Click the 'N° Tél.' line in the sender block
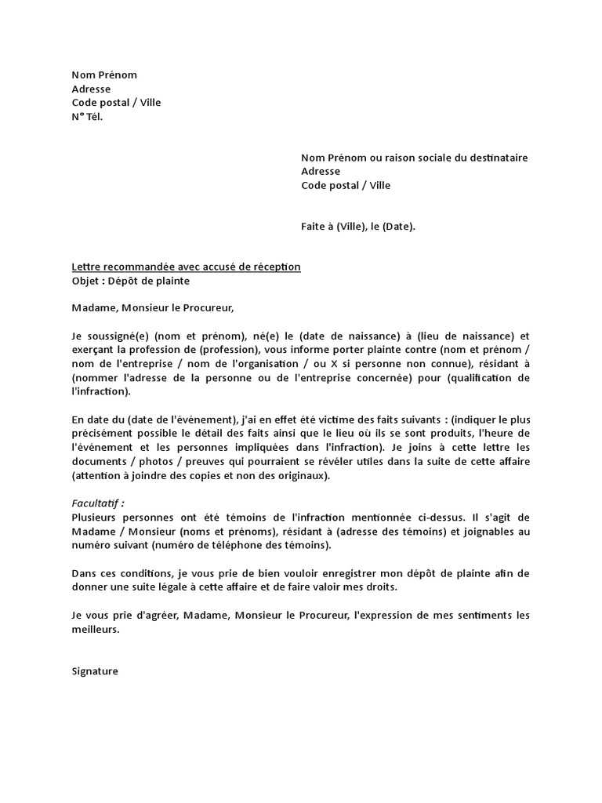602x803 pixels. tap(87, 117)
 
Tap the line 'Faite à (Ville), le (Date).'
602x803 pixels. tap(358, 227)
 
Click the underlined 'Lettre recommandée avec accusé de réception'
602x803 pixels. tap(186, 267)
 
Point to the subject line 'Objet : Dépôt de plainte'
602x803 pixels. tap(130, 281)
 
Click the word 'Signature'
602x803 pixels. tap(95, 671)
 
